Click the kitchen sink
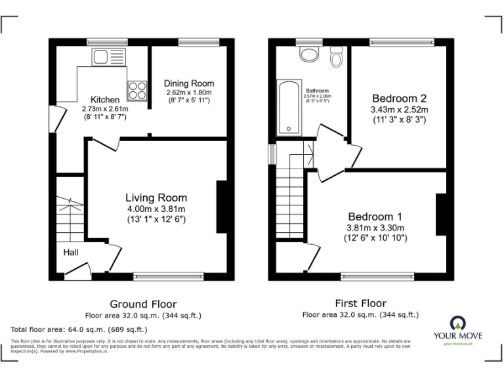pyautogui.click(x=104, y=57)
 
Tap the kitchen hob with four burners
pyautogui.click(x=137, y=89)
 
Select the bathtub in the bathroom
pyautogui.click(x=288, y=108)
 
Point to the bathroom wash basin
pyautogui.click(x=308, y=53)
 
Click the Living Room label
pyautogui.click(x=156, y=198)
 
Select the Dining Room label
pyautogui.click(x=189, y=83)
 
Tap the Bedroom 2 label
pyautogui.click(x=399, y=98)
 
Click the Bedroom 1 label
pyautogui.click(x=375, y=217)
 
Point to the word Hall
pyautogui.click(x=72, y=252)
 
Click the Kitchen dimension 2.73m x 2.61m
pyautogui.click(x=105, y=108)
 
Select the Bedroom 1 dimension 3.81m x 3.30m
pyautogui.click(x=376, y=228)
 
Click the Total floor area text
pyautogui.click(x=79, y=329)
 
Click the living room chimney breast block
pyautogui.click(x=221, y=207)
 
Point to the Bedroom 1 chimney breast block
pyautogui.click(x=440, y=215)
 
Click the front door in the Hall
pyautogui.click(x=78, y=268)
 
